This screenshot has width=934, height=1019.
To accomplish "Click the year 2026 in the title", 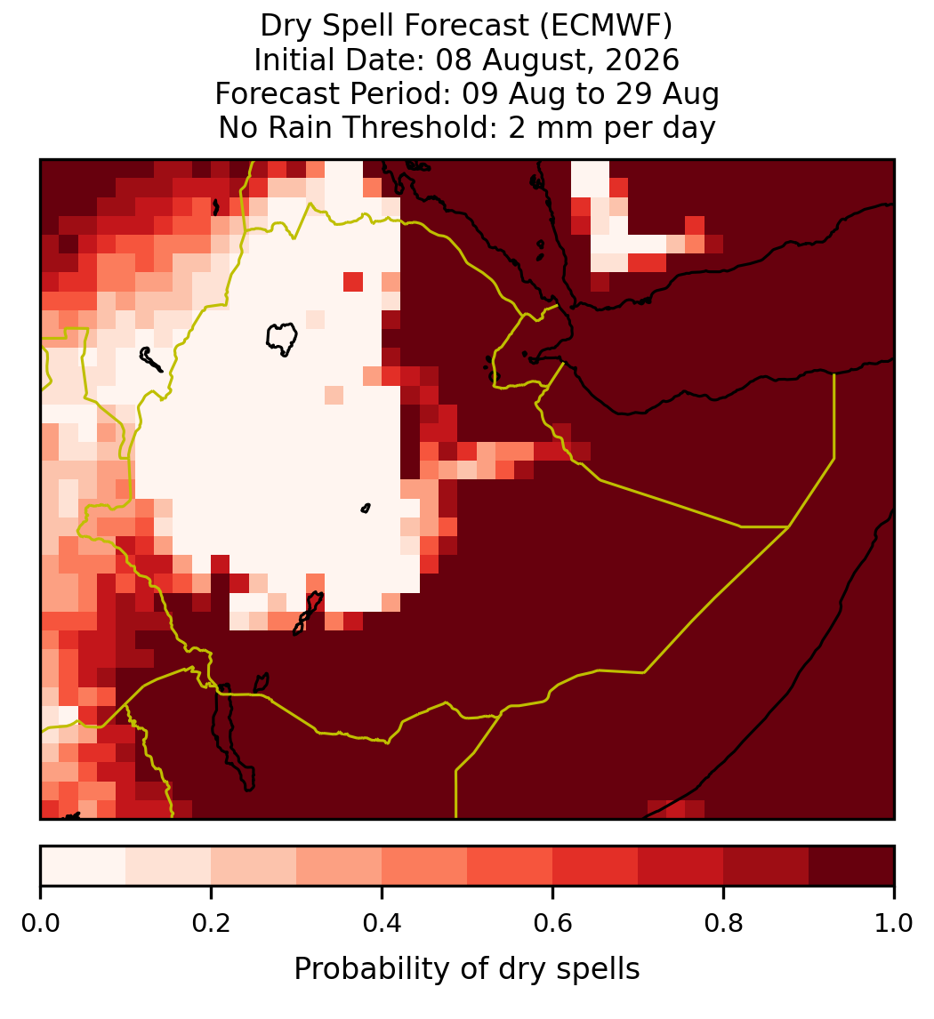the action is point(642,60).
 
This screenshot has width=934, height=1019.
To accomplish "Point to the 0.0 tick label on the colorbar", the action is point(40,923).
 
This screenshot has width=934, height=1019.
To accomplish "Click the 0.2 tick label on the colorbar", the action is point(211,923).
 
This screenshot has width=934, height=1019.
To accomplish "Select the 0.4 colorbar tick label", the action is point(382,923).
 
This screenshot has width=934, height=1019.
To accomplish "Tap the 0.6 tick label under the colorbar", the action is point(552,923).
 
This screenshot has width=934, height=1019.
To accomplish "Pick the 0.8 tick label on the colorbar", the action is point(723,923).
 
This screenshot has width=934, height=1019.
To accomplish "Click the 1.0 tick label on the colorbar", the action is point(894,923).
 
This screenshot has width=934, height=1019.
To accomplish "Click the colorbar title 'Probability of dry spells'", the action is point(467,969).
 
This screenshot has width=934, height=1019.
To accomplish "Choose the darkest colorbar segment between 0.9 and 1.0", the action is point(851,866).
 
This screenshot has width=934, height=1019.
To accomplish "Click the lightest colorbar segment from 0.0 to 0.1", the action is point(84,866).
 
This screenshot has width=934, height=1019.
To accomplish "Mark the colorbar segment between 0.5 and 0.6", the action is point(511,866).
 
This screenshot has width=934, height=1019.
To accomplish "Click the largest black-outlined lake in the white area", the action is point(282,339).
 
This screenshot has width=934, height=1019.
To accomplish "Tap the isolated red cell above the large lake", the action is point(353,282).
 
